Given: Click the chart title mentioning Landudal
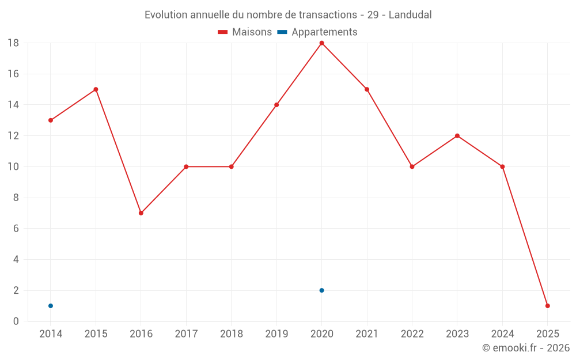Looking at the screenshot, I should coord(288,14).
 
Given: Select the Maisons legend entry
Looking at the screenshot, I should coord(245,32).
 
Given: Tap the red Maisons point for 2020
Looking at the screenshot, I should coord(321,43).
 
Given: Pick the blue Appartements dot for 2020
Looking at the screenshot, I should coord(321,290).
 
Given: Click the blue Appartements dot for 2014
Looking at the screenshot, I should coord(51,306).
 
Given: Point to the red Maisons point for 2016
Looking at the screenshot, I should coord(141,213).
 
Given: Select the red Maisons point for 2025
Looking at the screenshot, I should coord(547,306).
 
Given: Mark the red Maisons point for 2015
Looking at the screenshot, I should coord(96,89).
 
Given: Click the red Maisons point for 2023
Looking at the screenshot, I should coord(457,136).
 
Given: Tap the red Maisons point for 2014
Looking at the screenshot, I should coord(51,120).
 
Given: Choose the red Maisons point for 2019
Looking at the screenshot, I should coord(276,105).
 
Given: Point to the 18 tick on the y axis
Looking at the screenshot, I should coord(13,43).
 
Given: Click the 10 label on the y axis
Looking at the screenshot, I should coord(13,167).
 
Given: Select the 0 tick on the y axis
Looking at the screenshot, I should coord(16,321).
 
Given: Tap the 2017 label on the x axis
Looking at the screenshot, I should coord(186,334).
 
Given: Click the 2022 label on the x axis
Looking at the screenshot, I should coord(412,334).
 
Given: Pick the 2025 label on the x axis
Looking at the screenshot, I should coord(547,334).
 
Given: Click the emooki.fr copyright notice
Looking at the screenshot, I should coord(525,348).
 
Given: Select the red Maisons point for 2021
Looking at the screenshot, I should coord(367,89).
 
